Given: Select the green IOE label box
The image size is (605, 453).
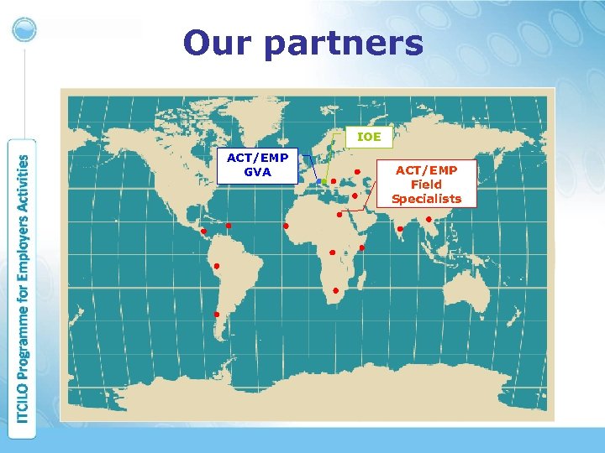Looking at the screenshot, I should (x=368, y=136).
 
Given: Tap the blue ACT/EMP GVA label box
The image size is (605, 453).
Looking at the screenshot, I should (x=257, y=165).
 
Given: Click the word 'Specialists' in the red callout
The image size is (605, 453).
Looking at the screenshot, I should (x=426, y=199).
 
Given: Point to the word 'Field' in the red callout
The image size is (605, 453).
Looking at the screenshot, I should (x=426, y=185).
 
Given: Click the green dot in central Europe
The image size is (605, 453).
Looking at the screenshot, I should (x=324, y=182).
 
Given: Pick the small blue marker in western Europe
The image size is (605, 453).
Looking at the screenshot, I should (x=318, y=182).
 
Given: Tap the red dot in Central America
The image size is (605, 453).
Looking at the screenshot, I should (x=203, y=231).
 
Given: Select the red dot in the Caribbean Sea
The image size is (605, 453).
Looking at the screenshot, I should (x=229, y=225).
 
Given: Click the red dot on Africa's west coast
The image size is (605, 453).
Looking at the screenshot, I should (x=286, y=226).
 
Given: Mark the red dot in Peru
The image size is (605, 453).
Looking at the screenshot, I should (x=216, y=266).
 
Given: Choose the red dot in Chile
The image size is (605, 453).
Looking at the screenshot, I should (x=217, y=315).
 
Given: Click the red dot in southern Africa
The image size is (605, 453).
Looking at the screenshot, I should (x=335, y=290).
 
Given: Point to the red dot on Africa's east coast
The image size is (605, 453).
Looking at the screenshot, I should (x=361, y=247).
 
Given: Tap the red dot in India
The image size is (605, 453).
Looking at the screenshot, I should (x=400, y=228).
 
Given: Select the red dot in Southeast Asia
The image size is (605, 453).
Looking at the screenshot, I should (x=429, y=220).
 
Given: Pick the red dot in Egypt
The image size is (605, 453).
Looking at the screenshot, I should (x=339, y=214).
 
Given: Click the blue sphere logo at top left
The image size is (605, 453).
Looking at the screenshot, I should (x=24, y=29).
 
